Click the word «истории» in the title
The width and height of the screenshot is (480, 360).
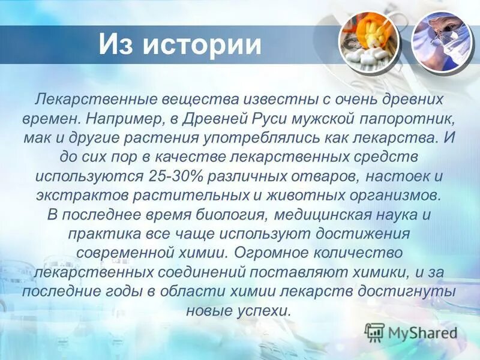click(x=202, y=46)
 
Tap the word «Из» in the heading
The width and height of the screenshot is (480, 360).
click(x=115, y=46)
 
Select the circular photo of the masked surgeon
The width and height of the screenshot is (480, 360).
click(x=440, y=41)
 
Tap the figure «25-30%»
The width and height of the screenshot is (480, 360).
click(x=173, y=178)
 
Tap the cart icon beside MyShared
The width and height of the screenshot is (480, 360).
click(x=375, y=332)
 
